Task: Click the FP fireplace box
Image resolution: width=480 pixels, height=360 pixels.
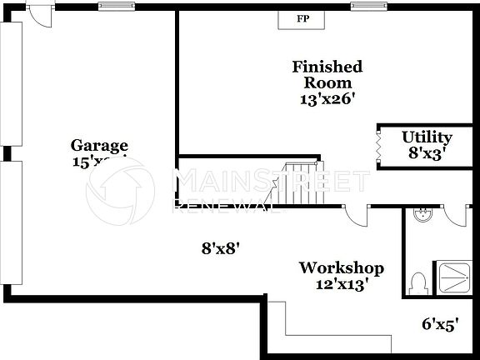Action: coord(294,17)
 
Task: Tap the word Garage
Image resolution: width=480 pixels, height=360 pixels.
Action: coord(99,145)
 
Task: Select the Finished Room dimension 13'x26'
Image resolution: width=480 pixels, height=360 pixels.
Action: coord(327,98)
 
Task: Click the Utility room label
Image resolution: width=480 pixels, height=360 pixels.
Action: coord(427,137)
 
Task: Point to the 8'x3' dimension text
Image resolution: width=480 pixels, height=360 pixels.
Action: coord(427,152)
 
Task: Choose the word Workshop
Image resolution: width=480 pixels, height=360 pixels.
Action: coord(342,268)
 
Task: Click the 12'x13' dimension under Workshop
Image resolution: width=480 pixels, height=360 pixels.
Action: coord(342,283)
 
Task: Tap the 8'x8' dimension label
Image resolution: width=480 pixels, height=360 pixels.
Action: coord(221,248)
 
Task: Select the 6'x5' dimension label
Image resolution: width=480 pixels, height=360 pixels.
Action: coord(440,324)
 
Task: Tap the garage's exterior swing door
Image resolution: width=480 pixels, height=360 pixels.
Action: coord(37,12)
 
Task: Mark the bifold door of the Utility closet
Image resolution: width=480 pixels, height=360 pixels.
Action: coord(377,147)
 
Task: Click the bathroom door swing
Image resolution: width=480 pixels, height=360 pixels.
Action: coord(455,216)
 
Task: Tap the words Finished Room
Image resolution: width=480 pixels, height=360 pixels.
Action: coord(327,75)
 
